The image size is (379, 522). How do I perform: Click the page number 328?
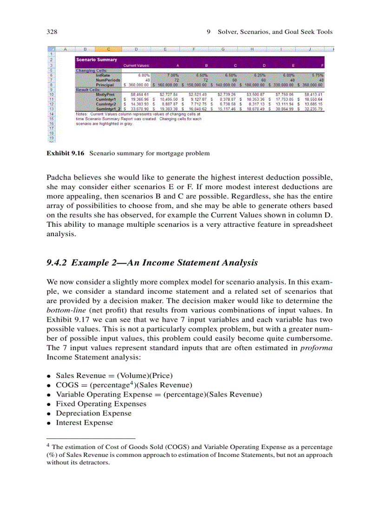(52, 32)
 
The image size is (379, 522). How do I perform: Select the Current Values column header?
(136, 66)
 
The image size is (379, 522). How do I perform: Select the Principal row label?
(105, 85)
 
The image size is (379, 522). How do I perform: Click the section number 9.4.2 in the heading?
(58, 263)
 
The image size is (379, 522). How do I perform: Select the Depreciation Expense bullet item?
(93, 413)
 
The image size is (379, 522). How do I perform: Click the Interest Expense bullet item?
(84, 423)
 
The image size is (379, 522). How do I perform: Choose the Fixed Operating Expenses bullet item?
(101, 404)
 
